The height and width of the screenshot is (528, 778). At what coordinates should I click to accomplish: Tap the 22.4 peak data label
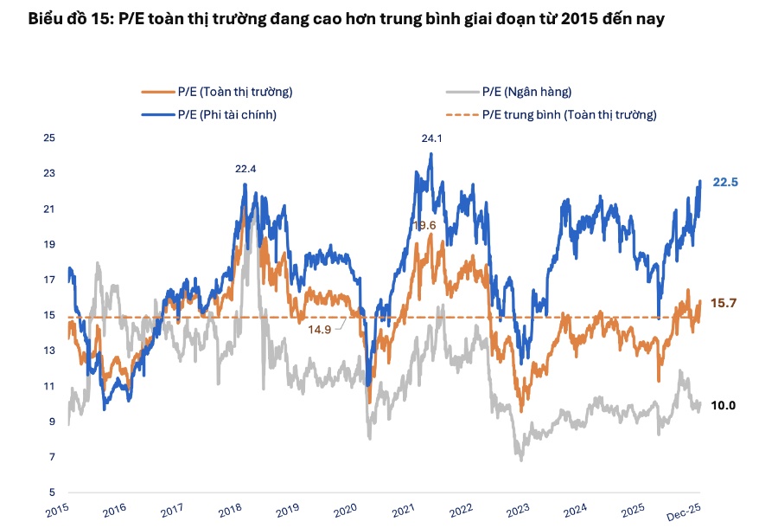click(246, 169)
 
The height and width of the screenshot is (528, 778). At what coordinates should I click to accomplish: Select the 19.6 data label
click(424, 225)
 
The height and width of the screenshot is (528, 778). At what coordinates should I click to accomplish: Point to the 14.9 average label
click(320, 329)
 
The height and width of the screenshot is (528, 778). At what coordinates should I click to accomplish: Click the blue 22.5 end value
click(724, 182)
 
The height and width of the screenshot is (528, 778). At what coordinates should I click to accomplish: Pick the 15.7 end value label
click(724, 303)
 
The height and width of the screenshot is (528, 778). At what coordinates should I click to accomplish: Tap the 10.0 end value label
click(724, 405)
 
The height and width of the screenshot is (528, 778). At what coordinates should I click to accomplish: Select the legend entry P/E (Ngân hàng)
click(526, 92)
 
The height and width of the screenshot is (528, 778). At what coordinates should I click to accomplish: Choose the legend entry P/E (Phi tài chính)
click(226, 113)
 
